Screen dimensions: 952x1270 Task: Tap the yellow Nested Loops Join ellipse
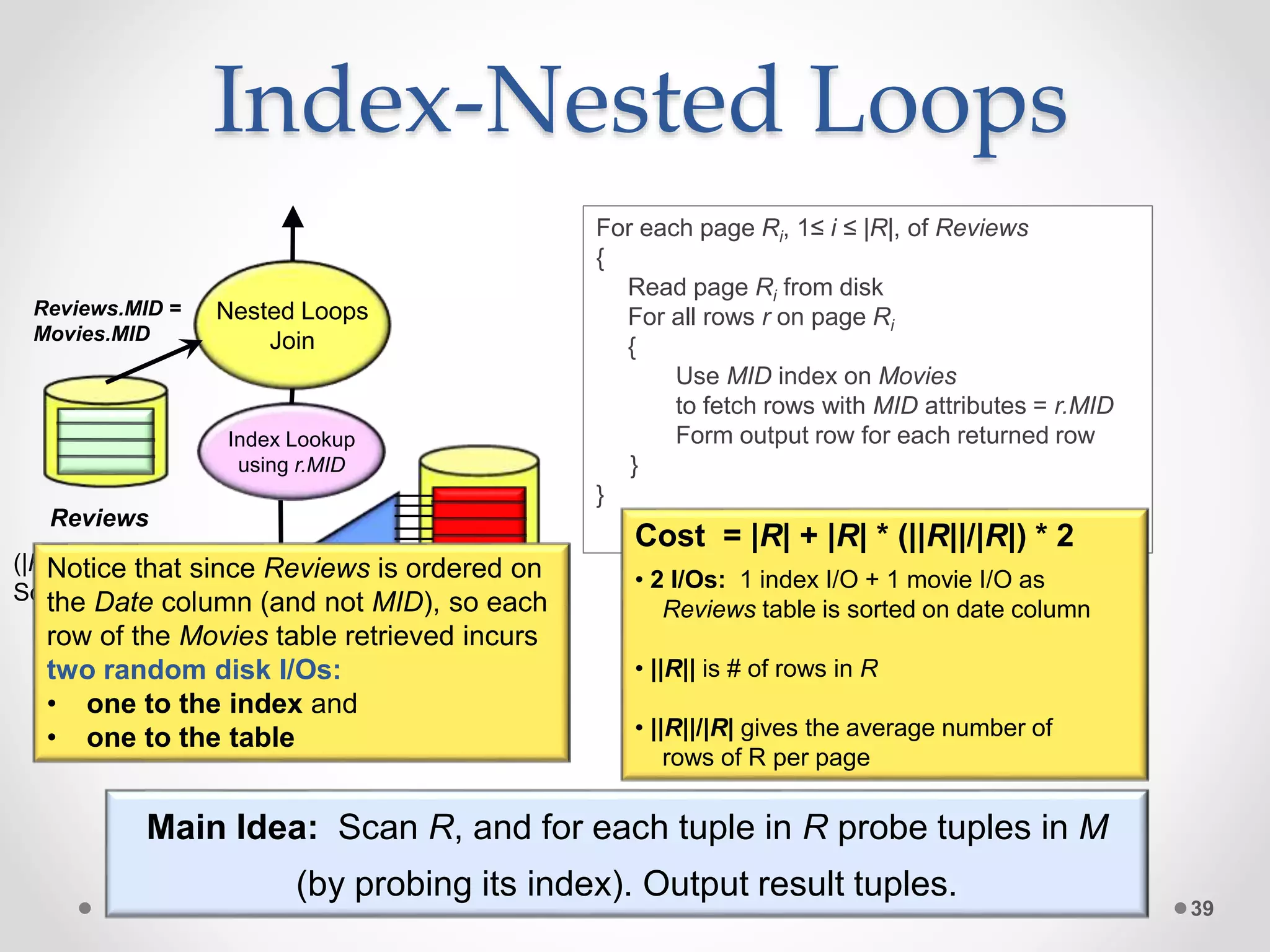292,325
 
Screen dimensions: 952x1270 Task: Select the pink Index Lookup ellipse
291,452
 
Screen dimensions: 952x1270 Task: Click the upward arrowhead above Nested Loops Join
293,217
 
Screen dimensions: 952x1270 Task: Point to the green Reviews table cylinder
105,434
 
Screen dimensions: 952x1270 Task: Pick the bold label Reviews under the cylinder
99,518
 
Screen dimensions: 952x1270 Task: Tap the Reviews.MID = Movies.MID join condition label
107,320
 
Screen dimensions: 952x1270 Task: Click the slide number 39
1202,909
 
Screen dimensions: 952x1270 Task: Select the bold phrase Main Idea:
232,827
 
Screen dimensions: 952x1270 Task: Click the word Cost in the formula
670,535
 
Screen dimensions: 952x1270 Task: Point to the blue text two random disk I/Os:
193,670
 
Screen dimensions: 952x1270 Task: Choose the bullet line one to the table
190,738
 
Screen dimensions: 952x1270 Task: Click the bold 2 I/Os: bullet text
687,580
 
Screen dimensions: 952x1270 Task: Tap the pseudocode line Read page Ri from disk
755,288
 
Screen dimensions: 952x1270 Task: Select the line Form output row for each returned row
885,436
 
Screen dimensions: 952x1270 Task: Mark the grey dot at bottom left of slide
85,908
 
